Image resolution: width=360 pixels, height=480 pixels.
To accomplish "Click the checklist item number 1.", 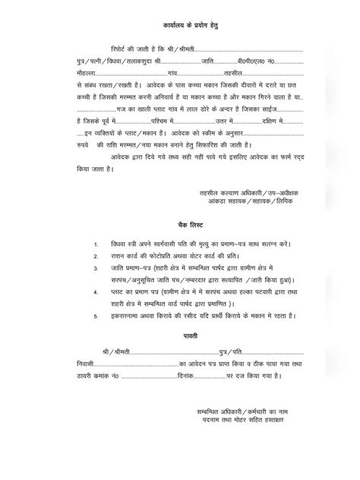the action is point(96,245).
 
